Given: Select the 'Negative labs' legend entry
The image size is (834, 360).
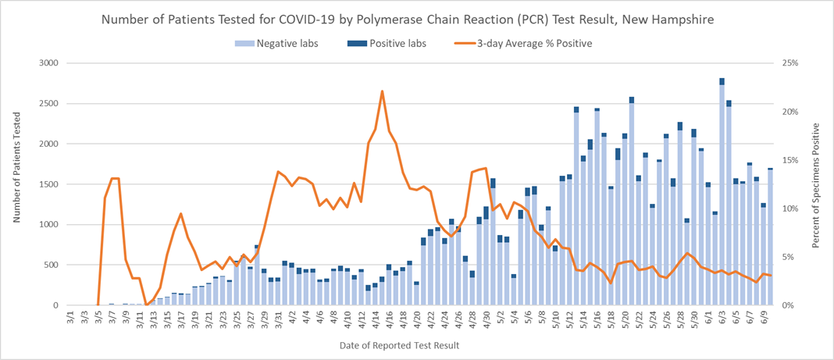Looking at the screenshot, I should click(281, 44).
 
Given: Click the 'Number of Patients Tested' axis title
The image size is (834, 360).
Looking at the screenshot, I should click(16, 184).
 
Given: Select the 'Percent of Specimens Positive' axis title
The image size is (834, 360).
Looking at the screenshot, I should click(817, 184).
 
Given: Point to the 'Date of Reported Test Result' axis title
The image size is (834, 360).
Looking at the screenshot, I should click(400, 345).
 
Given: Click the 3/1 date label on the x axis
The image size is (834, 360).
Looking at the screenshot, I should click(72, 319).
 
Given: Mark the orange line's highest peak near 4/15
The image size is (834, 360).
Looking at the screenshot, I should click(382, 91).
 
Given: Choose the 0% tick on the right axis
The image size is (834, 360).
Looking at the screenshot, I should click(787, 305).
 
